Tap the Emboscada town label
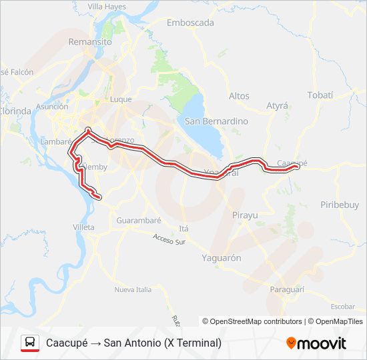pyautogui.click(x=190, y=22)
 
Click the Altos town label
pyautogui.click(x=239, y=96)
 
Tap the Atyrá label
pyautogui.click(x=277, y=105)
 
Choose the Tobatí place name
pyautogui.click(x=320, y=95)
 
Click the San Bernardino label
pyautogui.click(x=216, y=121)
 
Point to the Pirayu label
pyautogui.click(x=244, y=215)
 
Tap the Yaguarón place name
pyautogui.click(x=222, y=257)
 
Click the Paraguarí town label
pyautogui.click(x=287, y=289)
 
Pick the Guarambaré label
pyautogui.click(x=138, y=220)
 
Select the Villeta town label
pyautogui.click(x=83, y=227)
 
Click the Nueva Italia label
pyautogui.click(x=133, y=289)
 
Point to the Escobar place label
pyautogui.click(x=342, y=306)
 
